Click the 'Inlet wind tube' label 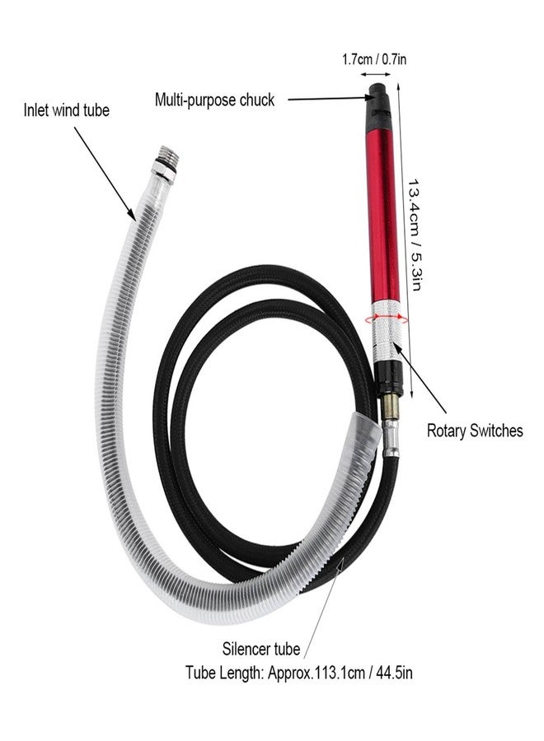point(66,110)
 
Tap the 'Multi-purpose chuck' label point(215,100)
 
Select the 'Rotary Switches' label point(475,431)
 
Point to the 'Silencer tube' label point(261,649)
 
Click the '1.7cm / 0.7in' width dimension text point(374,59)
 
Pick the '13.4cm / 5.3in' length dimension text point(414,235)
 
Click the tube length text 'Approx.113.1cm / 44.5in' point(340,673)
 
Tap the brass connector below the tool point(390,408)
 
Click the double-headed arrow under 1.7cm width point(375,74)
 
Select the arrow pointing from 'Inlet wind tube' point(105,174)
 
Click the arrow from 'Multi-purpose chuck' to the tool point(330,99)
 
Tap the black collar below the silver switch point(389,379)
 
